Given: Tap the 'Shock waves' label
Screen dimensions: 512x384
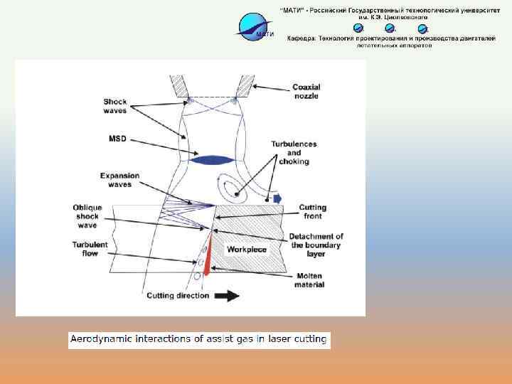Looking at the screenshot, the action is [114, 106].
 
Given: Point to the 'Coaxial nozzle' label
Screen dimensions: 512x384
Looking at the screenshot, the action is [305, 92].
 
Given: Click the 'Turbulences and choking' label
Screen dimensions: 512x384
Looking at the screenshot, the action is [289, 153].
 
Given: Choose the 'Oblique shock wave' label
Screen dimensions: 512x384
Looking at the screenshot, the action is [87, 216].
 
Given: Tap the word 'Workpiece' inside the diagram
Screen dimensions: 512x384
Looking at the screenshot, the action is [247, 250].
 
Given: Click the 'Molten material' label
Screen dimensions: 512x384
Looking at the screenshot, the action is [310, 280].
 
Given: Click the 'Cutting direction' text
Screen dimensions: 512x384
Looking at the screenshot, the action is [178, 296].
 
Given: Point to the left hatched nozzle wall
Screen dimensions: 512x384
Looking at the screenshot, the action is [178, 87].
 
